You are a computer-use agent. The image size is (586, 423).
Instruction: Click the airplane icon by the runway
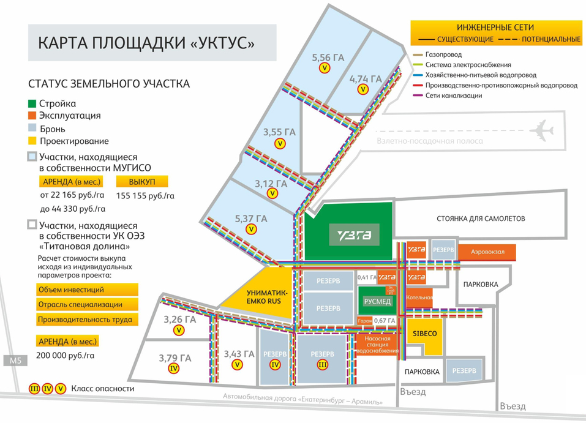point(544,130)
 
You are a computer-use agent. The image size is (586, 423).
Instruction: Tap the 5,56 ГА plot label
point(328,58)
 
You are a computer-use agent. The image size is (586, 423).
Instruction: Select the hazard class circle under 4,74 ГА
point(363,89)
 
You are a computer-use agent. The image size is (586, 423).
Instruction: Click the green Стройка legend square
point(33,103)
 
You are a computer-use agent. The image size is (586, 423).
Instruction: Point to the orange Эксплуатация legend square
point(33,116)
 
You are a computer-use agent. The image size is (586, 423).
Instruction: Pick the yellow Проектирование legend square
point(33,141)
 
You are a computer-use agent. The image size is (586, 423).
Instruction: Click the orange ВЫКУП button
point(142,182)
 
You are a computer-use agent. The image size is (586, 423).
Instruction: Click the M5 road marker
point(15,361)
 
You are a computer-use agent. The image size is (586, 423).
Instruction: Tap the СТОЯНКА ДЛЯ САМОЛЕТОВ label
point(481,219)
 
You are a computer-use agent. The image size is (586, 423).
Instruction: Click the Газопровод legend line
point(416,54)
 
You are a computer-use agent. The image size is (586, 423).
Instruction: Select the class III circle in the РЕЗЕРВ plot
point(323,365)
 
